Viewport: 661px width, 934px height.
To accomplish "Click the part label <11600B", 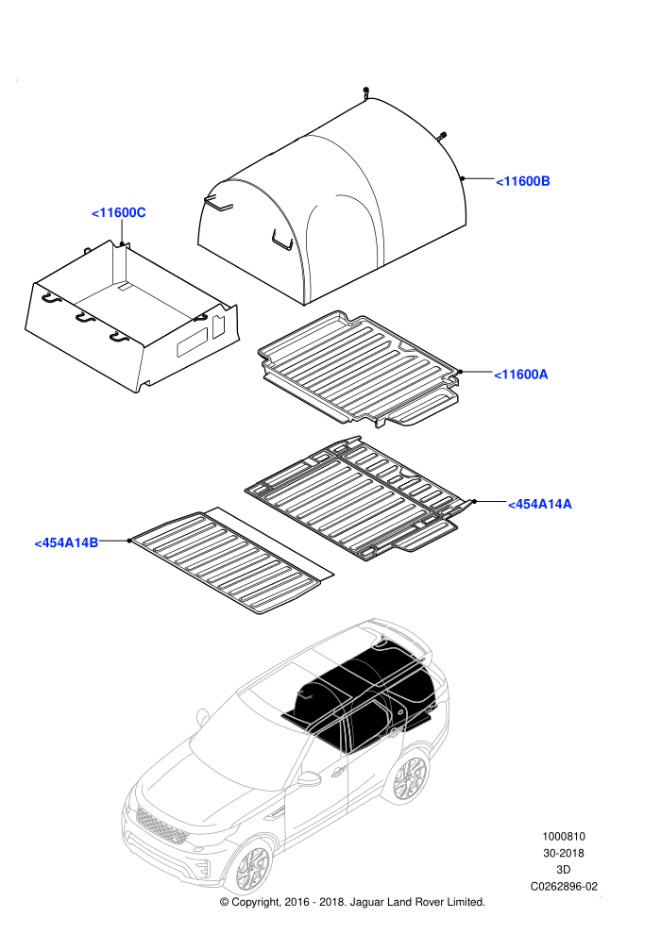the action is (x=523, y=181).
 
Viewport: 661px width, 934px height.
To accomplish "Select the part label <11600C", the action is (x=119, y=212).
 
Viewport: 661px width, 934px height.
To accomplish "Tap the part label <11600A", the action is (x=521, y=375).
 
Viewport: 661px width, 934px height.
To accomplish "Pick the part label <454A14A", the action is (x=539, y=504).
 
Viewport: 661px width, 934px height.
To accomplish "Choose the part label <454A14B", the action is (x=66, y=542).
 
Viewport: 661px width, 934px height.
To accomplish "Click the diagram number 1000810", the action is (x=563, y=836).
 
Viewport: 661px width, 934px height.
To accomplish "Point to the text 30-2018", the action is (x=563, y=853).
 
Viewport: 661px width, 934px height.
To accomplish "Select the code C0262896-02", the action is (x=564, y=886).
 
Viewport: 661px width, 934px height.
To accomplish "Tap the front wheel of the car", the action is (x=253, y=872).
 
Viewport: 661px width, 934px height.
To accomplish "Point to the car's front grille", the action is (x=161, y=825).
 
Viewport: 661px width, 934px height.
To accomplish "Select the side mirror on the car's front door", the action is (x=309, y=778).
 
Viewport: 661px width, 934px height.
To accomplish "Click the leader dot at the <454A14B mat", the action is (x=128, y=541).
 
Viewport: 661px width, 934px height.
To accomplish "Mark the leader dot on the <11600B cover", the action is (x=462, y=178).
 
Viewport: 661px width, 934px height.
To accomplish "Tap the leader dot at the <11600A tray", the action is (x=460, y=372).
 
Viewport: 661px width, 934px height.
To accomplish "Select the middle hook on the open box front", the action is (x=85, y=319).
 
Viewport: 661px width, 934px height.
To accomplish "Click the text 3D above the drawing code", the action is (x=563, y=870).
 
